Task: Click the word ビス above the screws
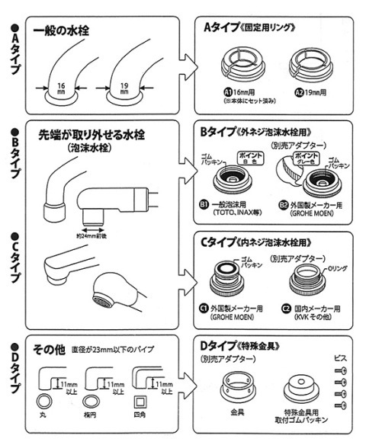[341, 356]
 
